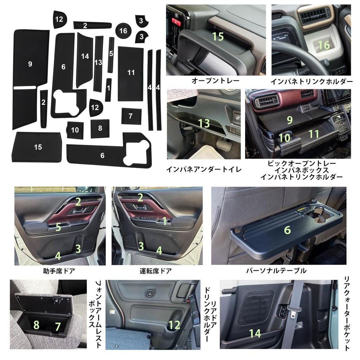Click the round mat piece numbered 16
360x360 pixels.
[x=123, y=31]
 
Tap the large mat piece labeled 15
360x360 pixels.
[x=37, y=147]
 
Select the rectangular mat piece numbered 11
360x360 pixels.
[x=130, y=73]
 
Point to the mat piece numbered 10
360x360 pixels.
[x=75, y=130]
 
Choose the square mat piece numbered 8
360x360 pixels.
[x=100, y=128]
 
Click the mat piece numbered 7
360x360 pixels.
[x=131, y=116]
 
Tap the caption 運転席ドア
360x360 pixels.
[x=155, y=271]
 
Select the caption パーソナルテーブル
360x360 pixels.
[x=276, y=270]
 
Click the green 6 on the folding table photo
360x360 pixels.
[x=287, y=230]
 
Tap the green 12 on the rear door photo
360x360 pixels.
[x=174, y=325]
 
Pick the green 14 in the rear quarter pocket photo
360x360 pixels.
[x=255, y=333]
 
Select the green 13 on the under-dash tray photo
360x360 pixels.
[x=204, y=123]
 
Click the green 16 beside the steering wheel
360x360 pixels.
[x=324, y=45]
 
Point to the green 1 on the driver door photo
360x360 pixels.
[x=164, y=221]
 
